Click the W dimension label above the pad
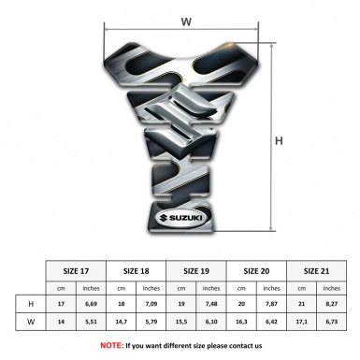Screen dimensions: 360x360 tap(186, 22)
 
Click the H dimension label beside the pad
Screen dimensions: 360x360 tap(279, 141)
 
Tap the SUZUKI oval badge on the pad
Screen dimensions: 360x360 tap(181, 219)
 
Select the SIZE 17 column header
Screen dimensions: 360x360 tap(76, 271)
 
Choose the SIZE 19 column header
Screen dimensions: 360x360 tap(196, 271)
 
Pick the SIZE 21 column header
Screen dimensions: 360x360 tap(316, 271)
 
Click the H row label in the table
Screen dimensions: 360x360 tap(31, 304)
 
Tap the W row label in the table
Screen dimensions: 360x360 tap(31, 322)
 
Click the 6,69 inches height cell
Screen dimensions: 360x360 tap(91, 304)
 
